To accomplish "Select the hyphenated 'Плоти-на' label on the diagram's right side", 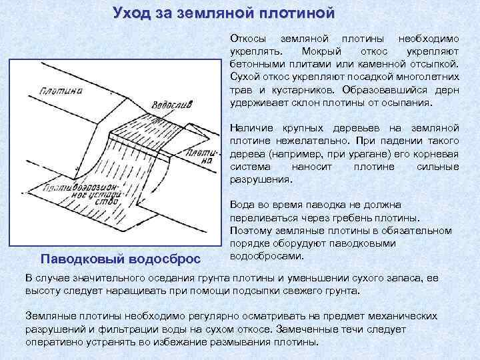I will pyautogui.click(x=201, y=157).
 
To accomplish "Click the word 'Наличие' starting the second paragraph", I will pyautogui.click(x=249, y=127).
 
